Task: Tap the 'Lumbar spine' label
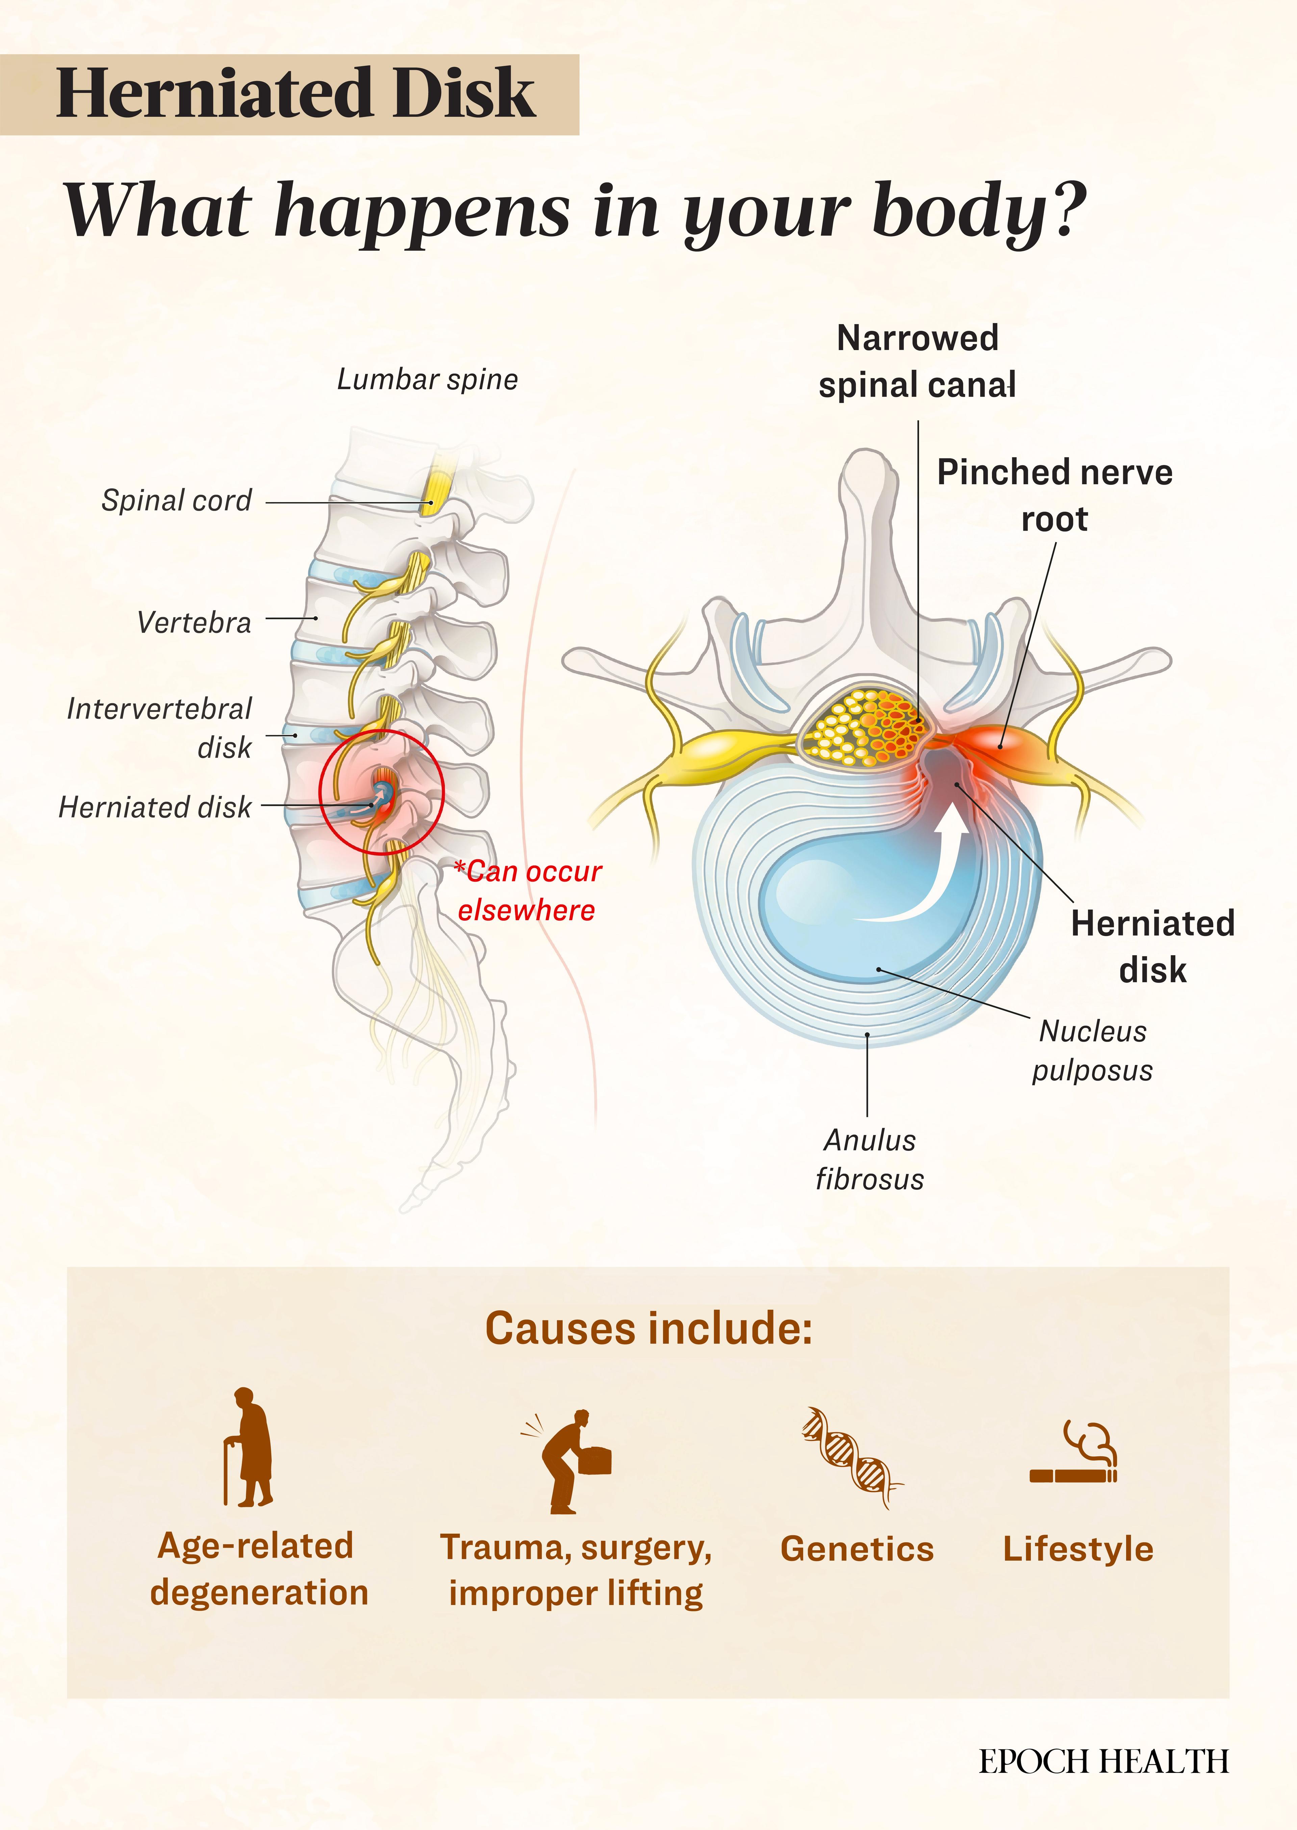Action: click(x=427, y=379)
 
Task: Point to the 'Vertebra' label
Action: click(x=194, y=622)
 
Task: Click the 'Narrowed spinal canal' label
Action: click(x=917, y=362)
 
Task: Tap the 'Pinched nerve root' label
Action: click(x=1054, y=495)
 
